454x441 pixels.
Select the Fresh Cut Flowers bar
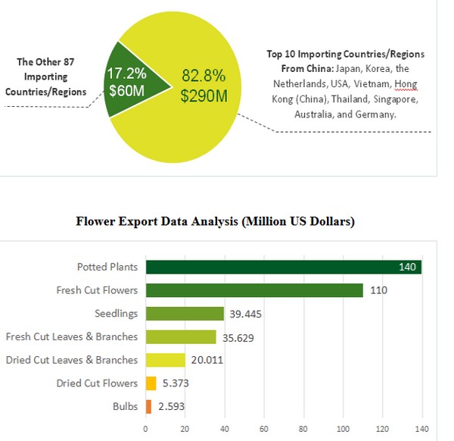point(254,290)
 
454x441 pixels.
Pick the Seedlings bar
point(185,314)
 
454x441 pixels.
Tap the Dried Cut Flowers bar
point(151,383)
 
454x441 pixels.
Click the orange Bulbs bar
point(148,407)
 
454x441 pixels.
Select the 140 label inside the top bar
point(408,267)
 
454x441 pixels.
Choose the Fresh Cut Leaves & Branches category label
point(72,336)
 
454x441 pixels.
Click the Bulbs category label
point(125,407)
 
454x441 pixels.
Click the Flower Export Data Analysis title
point(216,222)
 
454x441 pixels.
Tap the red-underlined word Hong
point(406,84)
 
